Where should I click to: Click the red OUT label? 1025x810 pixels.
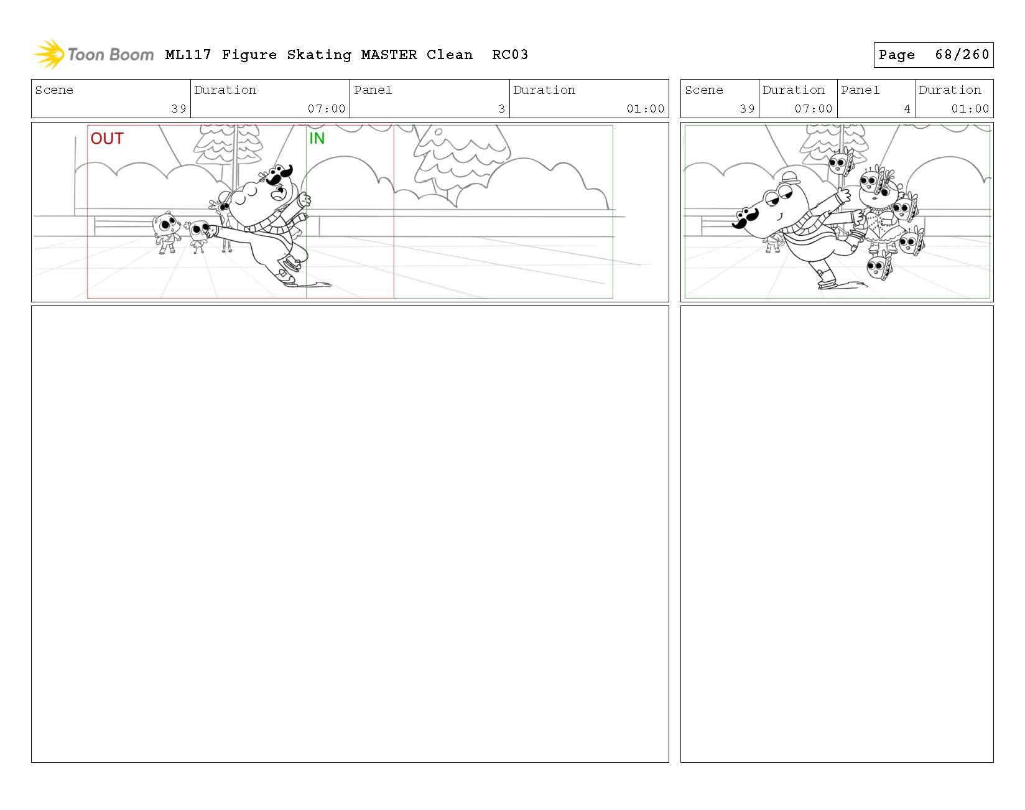pyautogui.click(x=107, y=138)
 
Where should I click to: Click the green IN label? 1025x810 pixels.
pyautogui.click(x=317, y=138)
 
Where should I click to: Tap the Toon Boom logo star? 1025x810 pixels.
pyautogui.click(x=49, y=54)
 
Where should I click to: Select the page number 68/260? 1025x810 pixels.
pyautogui.click(x=962, y=55)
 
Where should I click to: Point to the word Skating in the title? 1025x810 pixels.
pyautogui.click(x=319, y=55)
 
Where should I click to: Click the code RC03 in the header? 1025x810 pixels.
pyautogui.click(x=510, y=55)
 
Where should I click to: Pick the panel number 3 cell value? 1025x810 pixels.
pyautogui.click(x=501, y=109)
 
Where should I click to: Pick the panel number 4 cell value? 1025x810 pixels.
pyautogui.click(x=907, y=109)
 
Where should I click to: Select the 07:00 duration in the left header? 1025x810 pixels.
pyautogui.click(x=327, y=109)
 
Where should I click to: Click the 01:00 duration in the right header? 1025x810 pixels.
pyautogui.click(x=970, y=109)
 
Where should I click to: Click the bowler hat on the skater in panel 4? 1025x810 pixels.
pyautogui.click(x=791, y=177)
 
